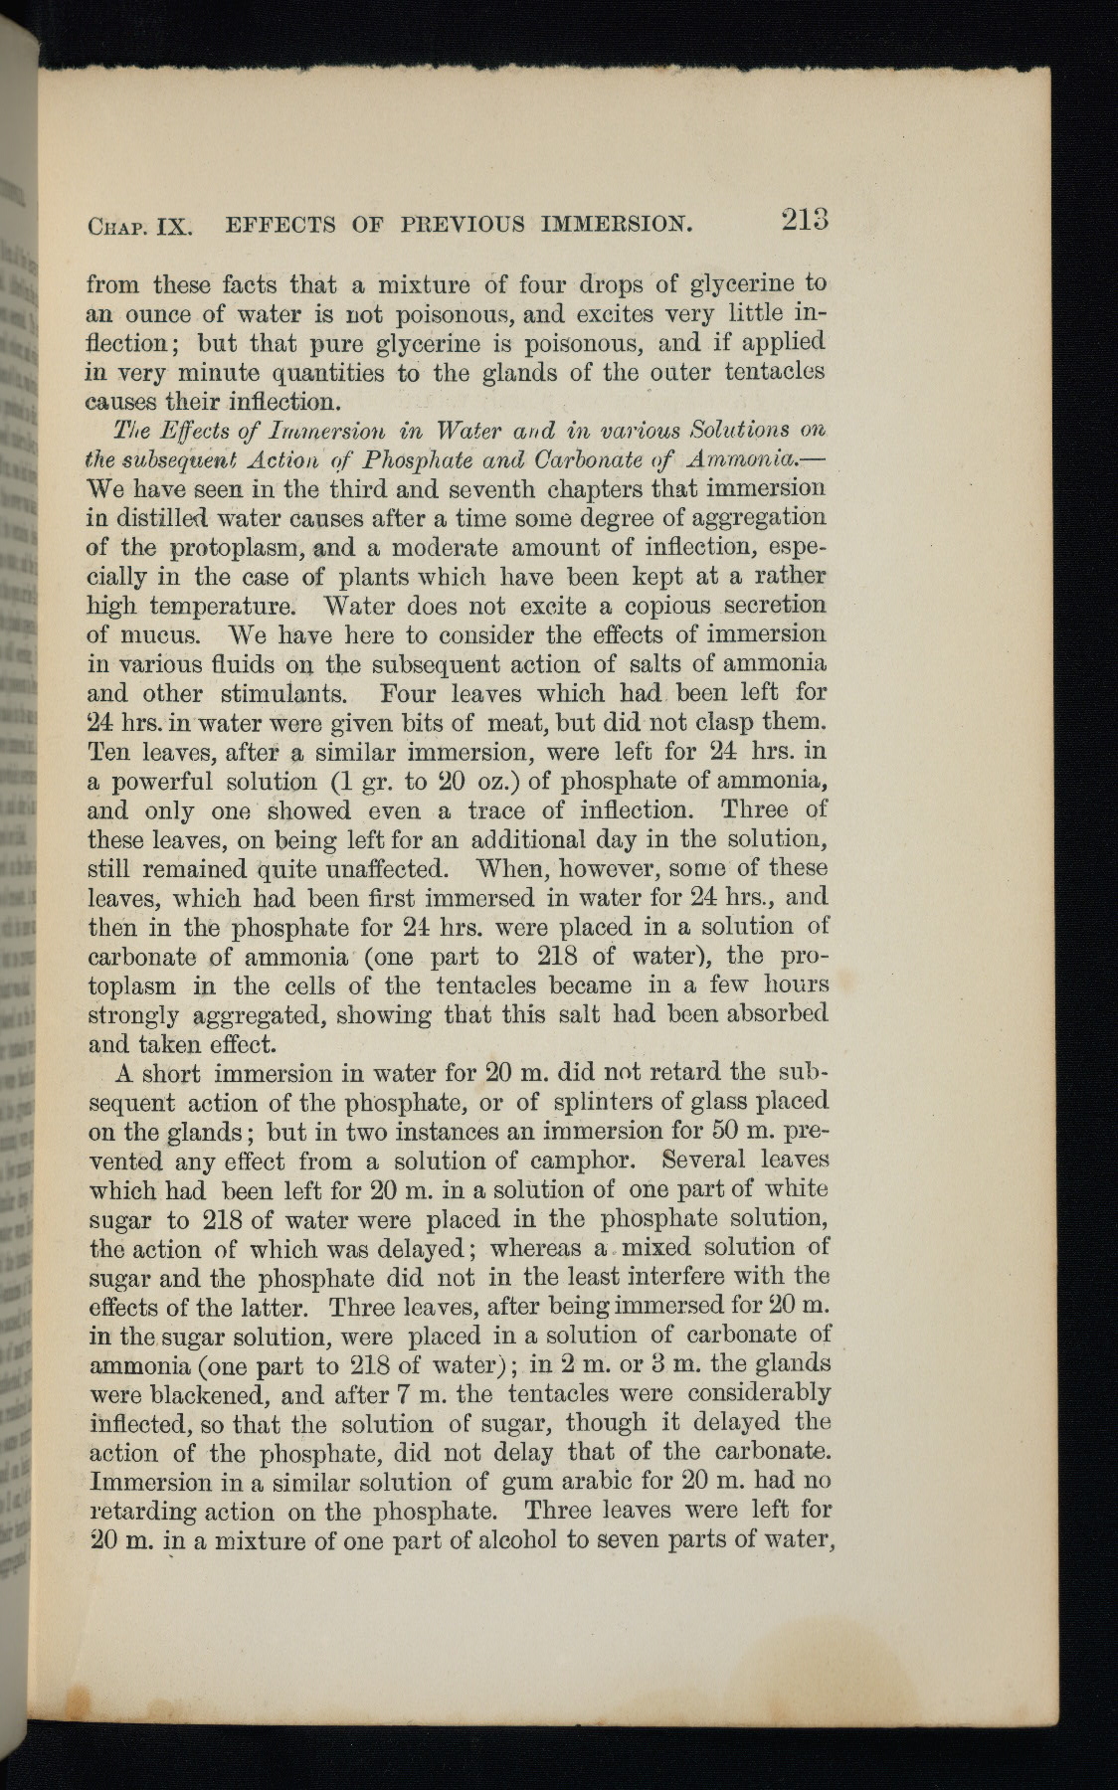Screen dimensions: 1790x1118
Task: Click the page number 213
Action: (805, 220)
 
